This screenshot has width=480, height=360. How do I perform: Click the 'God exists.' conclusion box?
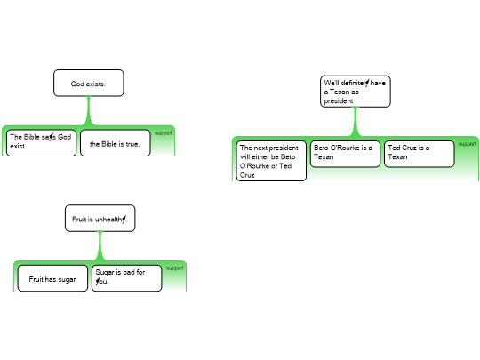click(x=88, y=84)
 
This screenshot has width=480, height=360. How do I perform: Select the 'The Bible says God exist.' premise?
click(x=42, y=142)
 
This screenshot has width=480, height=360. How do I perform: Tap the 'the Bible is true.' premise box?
click(x=115, y=142)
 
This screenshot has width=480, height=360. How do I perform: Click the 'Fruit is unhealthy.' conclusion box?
click(x=100, y=219)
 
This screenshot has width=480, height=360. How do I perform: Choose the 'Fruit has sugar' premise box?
click(x=52, y=279)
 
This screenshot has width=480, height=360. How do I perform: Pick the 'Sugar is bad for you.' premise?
click(x=126, y=278)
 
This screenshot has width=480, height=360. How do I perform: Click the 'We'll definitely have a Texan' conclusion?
click(x=355, y=92)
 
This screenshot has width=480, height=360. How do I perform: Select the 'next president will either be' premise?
click(x=270, y=161)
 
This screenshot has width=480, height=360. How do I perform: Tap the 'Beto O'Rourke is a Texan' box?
click(x=344, y=153)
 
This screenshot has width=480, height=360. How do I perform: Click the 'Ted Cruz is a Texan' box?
click(x=419, y=153)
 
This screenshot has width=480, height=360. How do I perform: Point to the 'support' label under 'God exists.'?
click(x=164, y=133)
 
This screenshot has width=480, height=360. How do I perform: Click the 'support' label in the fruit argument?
click(x=175, y=268)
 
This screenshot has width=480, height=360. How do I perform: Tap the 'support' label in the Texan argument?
click(x=468, y=144)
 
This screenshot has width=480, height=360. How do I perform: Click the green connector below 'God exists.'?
click(x=88, y=110)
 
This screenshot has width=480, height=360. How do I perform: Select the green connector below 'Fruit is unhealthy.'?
click(x=100, y=245)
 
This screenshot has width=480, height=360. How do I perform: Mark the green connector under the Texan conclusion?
click(x=355, y=122)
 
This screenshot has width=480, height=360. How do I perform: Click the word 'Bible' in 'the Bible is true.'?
click(x=111, y=143)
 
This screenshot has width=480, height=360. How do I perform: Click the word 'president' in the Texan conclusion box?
click(x=339, y=101)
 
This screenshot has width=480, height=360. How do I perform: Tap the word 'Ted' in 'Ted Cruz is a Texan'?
click(x=394, y=148)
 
